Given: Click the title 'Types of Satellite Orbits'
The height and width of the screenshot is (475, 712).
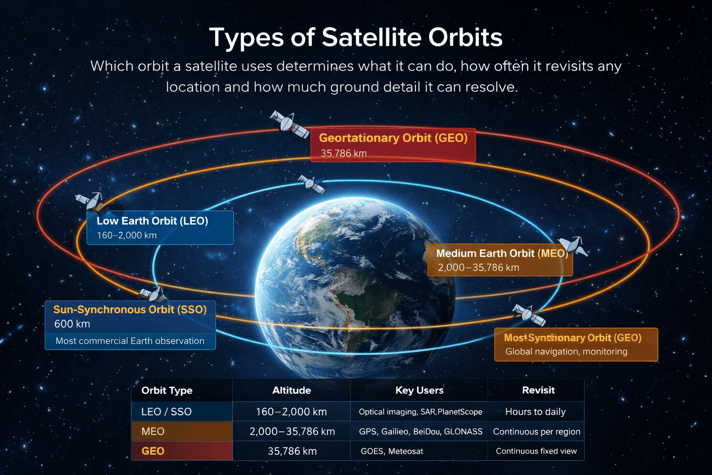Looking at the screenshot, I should [x=356, y=37].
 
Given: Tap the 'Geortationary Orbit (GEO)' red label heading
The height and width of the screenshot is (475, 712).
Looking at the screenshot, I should [x=393, y=138].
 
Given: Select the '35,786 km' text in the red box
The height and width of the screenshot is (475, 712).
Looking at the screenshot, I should [x=343, y=153].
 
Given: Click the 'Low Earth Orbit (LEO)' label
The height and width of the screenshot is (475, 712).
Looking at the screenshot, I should [x=152, y=221].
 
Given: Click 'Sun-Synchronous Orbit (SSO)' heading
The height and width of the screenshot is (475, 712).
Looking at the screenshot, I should [x=130, y=309].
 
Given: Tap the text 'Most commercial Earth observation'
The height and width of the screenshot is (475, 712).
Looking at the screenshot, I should [x=130, y=341].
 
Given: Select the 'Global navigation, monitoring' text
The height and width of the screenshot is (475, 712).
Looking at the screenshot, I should [x=566, y=352].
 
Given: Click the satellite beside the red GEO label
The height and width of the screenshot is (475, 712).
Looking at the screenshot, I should [x=289, y=124].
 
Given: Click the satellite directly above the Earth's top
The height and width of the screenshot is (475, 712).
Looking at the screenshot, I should [x=311, y=184].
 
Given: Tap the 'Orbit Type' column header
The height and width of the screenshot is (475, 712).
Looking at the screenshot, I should [x=167, y=390].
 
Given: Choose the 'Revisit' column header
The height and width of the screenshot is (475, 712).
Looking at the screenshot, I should [x=538, y=390].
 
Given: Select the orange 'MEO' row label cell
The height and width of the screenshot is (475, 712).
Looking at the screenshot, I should [x=153, y=431].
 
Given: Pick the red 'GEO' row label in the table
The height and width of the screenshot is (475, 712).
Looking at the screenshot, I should [x=153, y=451].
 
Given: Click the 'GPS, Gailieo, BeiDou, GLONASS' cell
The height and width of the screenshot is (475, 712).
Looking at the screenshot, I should [x=420, y=431].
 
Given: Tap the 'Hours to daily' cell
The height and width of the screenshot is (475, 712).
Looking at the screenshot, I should [x=535, y=411].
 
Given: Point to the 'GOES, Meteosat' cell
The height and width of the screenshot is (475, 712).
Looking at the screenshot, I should [x=392, y=451].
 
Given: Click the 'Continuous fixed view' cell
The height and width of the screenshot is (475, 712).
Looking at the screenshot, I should [x=536, y=451].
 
